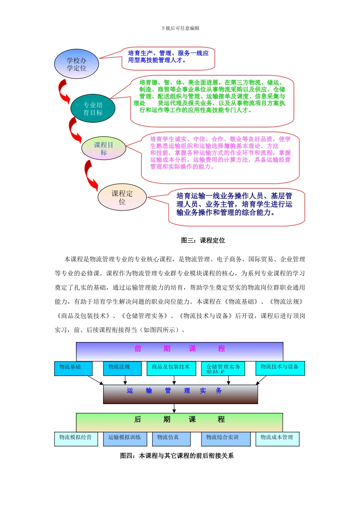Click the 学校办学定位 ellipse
pyautogui.click(x=77, y=64)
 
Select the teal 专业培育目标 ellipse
pyautogui.click(x=93, y=109)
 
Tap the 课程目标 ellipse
pyautogui.click(x=103, y=148)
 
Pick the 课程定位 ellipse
pyautogui.click(x=122, y=197)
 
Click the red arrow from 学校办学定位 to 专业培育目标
pyautogui.click(x=63, y=91)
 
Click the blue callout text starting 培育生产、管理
pyautogui.click(x=168, y=56)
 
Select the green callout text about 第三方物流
pyautogui.click(x=212, y=96)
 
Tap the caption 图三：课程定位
pyautogui.click(x=203, y=240)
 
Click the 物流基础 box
pyautogui.click(x=73, y=368)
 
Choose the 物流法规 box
pyautogui.click(x=122, y=368)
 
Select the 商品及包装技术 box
pyautogui.click(x=171, y=368)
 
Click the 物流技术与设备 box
pyautogui.click(x=280, y=368)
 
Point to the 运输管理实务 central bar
pyautogui.click(x=180, y=394)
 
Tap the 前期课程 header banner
pyautogui.click(x=180, y=351)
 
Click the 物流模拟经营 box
pyautogui.click(x=76, y=439)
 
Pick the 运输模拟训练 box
pyautogui.click(x=125, y=439)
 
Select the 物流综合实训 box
pyautogui.click(x=225, y=439)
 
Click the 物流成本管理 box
pyautogui.click(x=277, y=439)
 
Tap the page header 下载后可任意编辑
pyautogui.click(x=180, y=28)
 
